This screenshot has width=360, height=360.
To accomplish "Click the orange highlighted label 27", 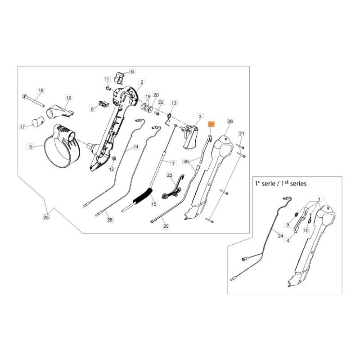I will (x=211, y=124).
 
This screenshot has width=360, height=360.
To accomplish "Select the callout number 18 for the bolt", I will (x=40, y=91).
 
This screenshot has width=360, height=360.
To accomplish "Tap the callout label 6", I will (x=31, y=147).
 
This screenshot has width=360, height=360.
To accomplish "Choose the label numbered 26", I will (x=230, y=121).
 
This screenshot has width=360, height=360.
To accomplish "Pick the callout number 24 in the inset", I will (x=280, y=235).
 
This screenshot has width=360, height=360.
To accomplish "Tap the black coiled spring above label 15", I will (x=143, y=196).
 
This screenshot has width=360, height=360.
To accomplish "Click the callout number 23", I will (x=170, y=175).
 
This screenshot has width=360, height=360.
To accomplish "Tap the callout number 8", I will (x=132, y=71).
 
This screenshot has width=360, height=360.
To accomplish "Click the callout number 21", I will (x=241, y=134).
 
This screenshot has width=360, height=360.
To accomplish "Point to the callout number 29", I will (x=166, y=226).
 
